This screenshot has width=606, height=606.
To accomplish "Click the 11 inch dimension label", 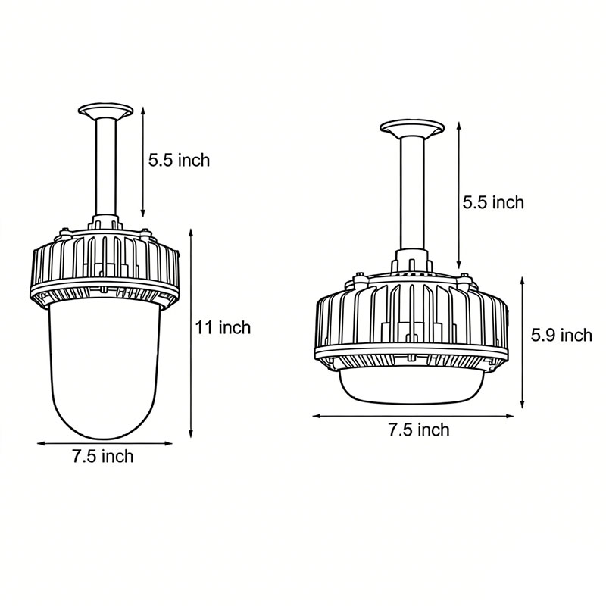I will click(222, 327).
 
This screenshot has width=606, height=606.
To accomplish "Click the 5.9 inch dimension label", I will click(561, 335).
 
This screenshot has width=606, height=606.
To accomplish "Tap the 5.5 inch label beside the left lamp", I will click(179, 160).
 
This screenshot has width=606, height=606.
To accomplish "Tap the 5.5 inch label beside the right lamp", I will click(493, 202).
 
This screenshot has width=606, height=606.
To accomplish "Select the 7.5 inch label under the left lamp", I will click(102, 456).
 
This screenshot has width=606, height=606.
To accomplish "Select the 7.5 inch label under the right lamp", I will click(418, 430).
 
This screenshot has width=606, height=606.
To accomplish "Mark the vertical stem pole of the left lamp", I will click(105, 167).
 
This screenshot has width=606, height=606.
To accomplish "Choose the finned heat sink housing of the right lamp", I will click(410, 318).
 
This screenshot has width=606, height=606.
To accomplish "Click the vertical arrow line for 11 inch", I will click(191, 333).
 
